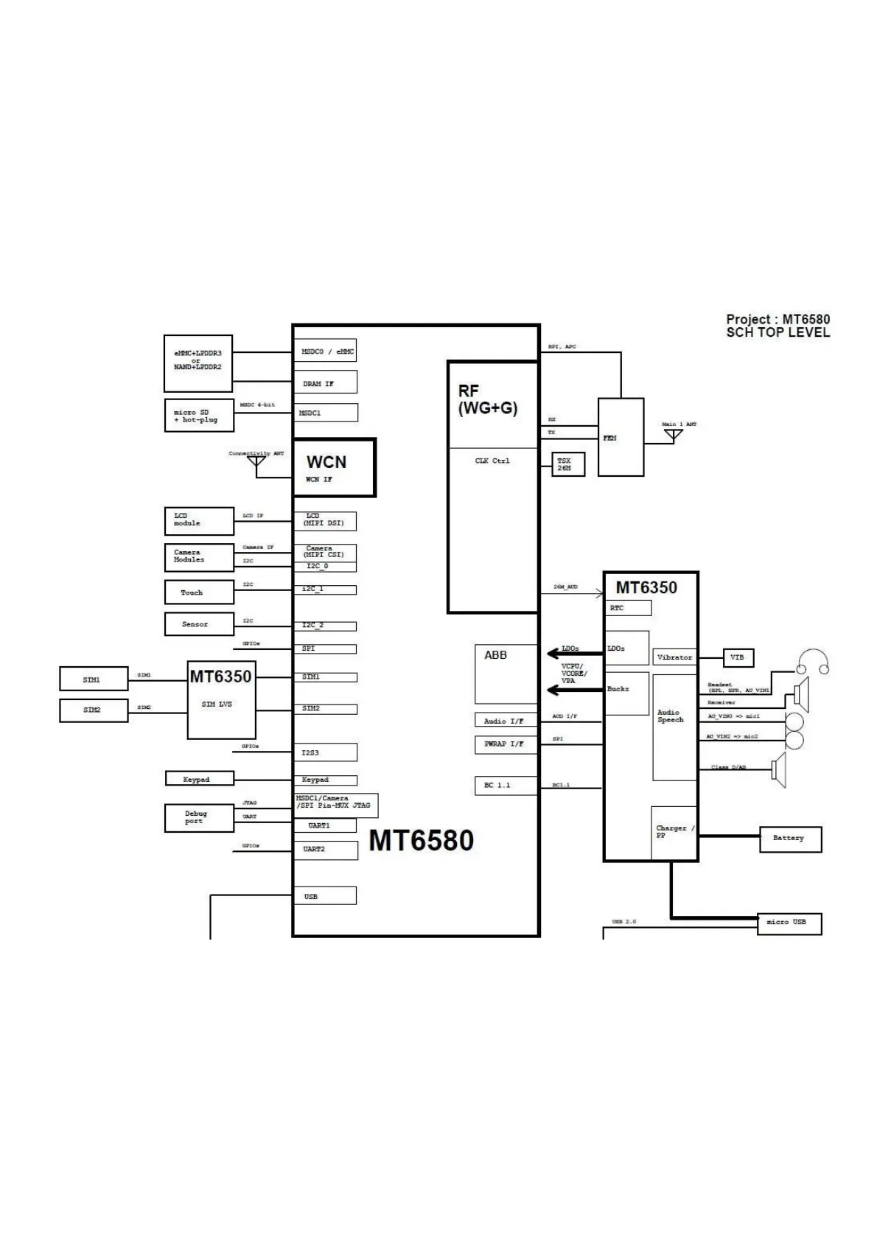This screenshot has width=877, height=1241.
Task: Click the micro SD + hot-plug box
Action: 199,416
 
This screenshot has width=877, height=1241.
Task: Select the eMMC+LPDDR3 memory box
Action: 198,363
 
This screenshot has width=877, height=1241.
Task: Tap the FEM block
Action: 621,438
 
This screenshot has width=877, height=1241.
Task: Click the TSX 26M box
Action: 567,464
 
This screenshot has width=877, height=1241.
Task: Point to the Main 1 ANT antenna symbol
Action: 673,434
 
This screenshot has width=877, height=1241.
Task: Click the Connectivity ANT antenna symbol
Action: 256,462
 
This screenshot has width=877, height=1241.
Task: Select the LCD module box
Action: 199,521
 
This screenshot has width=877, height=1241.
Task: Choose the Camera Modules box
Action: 199,557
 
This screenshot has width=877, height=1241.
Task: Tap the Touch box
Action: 199,592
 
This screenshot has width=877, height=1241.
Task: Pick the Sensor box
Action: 199,624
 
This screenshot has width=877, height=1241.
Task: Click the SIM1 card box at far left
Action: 94,679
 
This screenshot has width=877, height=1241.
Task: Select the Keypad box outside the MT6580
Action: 199,779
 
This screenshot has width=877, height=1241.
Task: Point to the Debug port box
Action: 199,818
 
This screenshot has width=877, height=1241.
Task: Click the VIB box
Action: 737,657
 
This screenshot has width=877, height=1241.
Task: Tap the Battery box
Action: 790,839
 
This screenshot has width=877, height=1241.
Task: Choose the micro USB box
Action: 789,923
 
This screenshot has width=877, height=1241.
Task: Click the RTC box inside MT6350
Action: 629,608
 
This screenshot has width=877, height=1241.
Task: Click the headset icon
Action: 813,662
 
